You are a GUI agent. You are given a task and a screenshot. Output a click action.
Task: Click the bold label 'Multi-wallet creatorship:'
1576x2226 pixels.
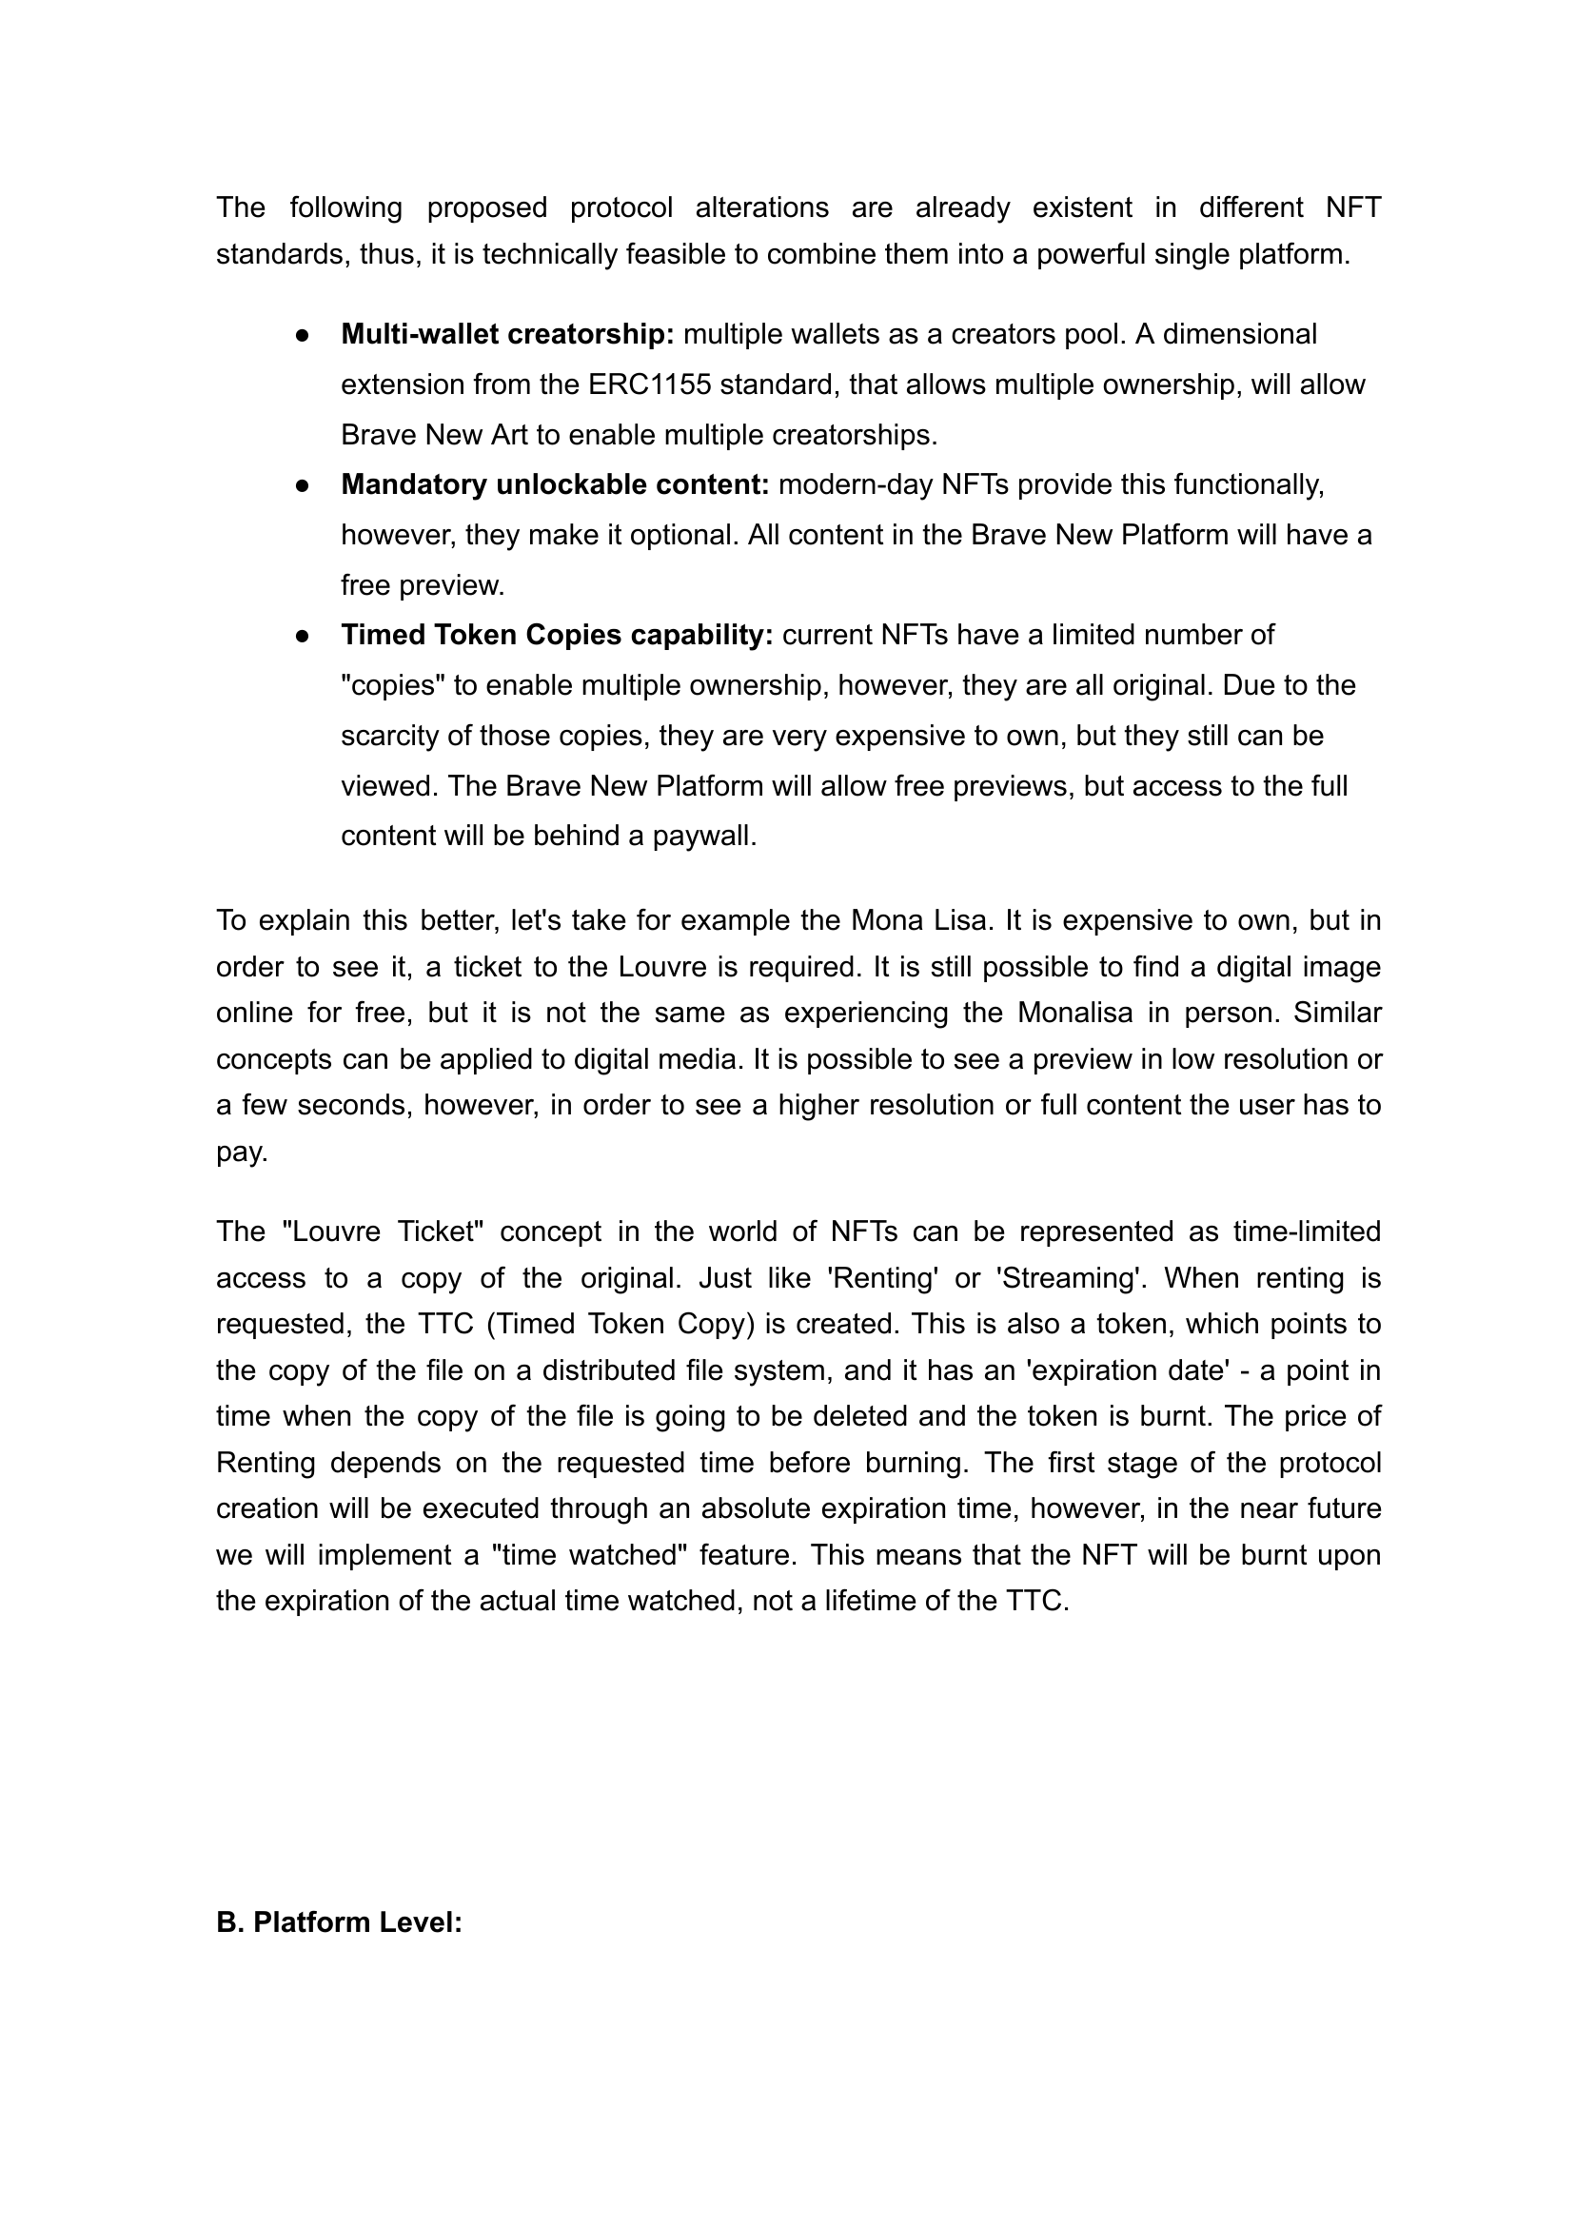tap(506, 334)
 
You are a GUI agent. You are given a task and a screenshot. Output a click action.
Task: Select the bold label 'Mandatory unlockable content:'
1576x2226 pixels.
tap(555, 484)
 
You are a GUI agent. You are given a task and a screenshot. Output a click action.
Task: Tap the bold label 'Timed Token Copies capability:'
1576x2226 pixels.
tap(557, 635)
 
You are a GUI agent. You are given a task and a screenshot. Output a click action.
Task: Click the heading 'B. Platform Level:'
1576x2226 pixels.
tap(339, 1922)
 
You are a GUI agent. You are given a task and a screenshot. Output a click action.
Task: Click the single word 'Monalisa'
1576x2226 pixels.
tap(1074, 1012)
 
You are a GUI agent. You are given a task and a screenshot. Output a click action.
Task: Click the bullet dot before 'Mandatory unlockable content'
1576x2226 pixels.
tap(303, 485)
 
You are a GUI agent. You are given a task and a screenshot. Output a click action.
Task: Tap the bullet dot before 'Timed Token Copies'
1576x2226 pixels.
tap(303, 636)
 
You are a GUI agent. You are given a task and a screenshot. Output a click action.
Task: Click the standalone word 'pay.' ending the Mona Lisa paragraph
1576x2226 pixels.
tap(242, 1152)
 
